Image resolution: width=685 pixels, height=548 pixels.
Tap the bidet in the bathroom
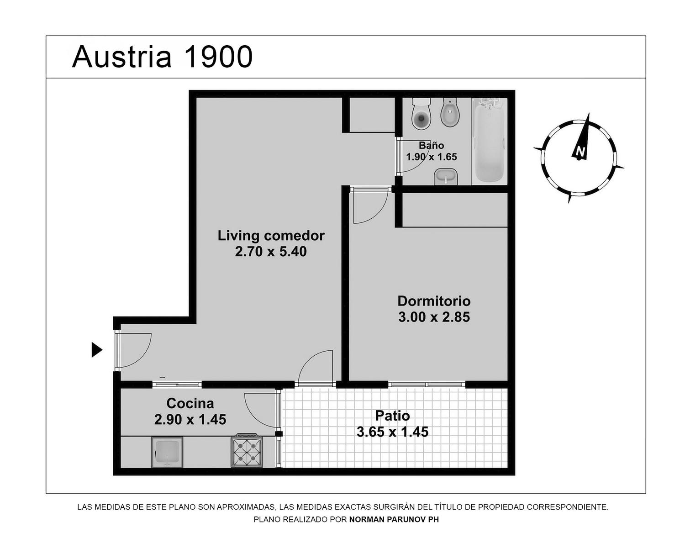(x=450, y=111)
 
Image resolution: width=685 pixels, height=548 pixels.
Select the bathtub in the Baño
(x=489, y=141)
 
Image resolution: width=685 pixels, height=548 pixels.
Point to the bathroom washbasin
(x=446, y=177)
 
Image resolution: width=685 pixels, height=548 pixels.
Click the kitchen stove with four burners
(x=247, y=450)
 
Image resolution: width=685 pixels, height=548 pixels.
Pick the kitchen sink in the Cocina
(x=168, y=452)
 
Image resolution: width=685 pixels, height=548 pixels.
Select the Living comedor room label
(x=271, y=236)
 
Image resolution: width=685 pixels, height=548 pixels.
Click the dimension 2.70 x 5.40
(x=271, y=252)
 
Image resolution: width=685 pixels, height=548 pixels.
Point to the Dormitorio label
(x=434, y=301)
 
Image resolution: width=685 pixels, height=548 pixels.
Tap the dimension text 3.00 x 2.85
(x=434, y=317)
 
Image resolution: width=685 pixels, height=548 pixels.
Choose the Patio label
(x=392, y=416)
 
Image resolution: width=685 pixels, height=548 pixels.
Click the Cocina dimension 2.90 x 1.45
(x=190, y=419)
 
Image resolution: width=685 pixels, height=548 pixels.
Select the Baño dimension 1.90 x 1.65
(x=431, y=157)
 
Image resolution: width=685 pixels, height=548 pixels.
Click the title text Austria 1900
(x=162, y=57)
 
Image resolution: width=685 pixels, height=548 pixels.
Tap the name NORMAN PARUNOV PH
(x=394, y=519)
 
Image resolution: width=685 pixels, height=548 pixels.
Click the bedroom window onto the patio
(x=427, y=385)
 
